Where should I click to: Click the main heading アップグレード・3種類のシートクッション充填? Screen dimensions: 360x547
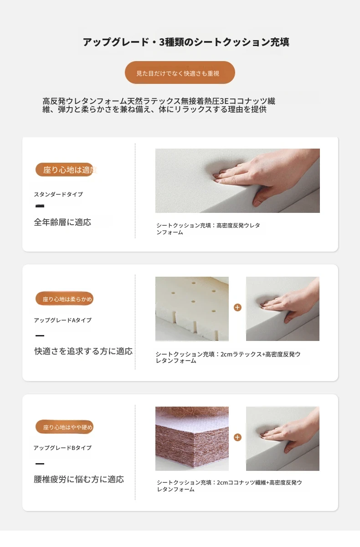click(x=186, y=42)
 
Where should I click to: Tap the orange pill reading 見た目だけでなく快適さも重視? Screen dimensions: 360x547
click(x=180, y=72)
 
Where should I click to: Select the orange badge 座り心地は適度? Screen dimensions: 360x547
click(x=66, y=170)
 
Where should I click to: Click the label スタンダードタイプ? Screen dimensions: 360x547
click(x=58, y=194)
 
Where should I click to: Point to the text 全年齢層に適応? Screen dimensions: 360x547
click(x=62, y=222)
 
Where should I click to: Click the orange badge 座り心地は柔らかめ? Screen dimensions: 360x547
click(x=64, y=299)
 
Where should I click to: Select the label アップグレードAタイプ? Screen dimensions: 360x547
click(x=63, y=320)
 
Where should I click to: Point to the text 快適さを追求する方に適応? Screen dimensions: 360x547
click(x=83, y=351)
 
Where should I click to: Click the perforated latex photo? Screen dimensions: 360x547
click(x=192, y=309)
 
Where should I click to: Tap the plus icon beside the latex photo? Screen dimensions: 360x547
click(x=237, y=307)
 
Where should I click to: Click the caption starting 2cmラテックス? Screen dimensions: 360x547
click(x=228, y=357)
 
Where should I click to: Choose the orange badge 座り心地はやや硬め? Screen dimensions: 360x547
click(x=64, y=427)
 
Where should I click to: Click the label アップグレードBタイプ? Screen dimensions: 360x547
click(x=63, y=448)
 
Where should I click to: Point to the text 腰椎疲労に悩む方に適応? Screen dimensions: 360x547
click(x=79, y=479)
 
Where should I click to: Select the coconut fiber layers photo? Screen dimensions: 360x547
click(x=192, y=439)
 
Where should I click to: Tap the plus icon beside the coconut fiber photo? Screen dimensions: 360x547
click(x=237, y=437)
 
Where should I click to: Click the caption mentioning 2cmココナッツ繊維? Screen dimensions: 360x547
click(x=229, y=486)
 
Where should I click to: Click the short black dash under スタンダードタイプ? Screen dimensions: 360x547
click(x=40, y=206)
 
